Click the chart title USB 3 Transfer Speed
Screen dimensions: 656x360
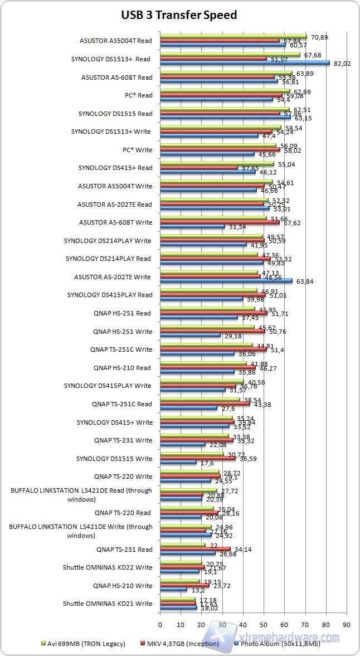179,15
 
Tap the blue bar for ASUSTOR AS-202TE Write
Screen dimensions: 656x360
226,281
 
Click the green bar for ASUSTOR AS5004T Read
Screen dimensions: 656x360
233,37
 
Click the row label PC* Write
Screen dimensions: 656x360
137,149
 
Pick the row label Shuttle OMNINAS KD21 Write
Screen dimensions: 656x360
107,604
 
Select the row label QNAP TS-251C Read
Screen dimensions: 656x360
121,404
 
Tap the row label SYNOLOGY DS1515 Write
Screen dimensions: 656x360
114,458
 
